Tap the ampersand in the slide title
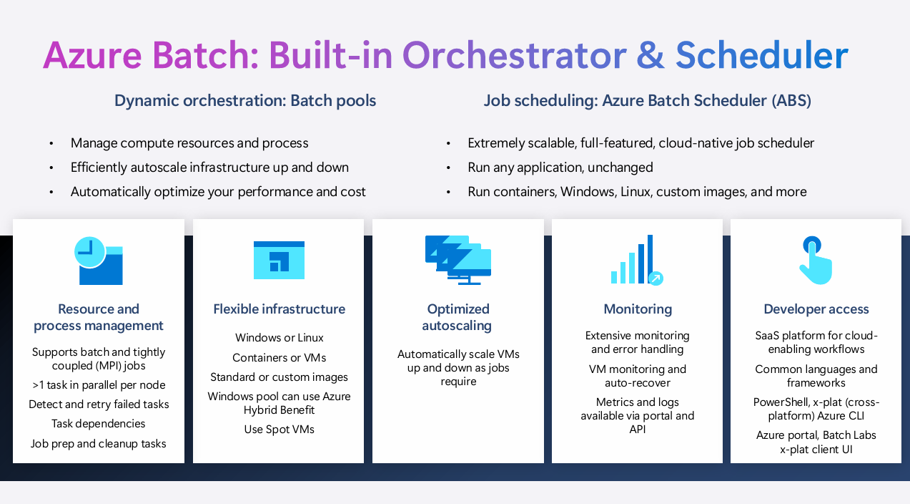[x=651, y=55]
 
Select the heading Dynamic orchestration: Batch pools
[x=245, y=101]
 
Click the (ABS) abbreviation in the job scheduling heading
[x=791, y=101]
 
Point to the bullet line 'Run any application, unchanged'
[x=560, y=168]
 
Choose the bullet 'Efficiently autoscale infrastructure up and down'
[x=209, y=168]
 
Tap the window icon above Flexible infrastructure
[x=279, y=260]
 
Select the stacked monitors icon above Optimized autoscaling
[x=458, y=260]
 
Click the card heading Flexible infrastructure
[x=279, y=309]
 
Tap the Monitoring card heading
[x=638, y=309]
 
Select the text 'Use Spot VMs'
[x=279, y=430]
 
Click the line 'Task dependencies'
[x=99, y=424]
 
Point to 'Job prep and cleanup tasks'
[x=99, y=444]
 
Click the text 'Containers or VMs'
[x=279, y=358]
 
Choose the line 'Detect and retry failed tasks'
[x=99, y=404]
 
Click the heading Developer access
[x=816, y=309]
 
